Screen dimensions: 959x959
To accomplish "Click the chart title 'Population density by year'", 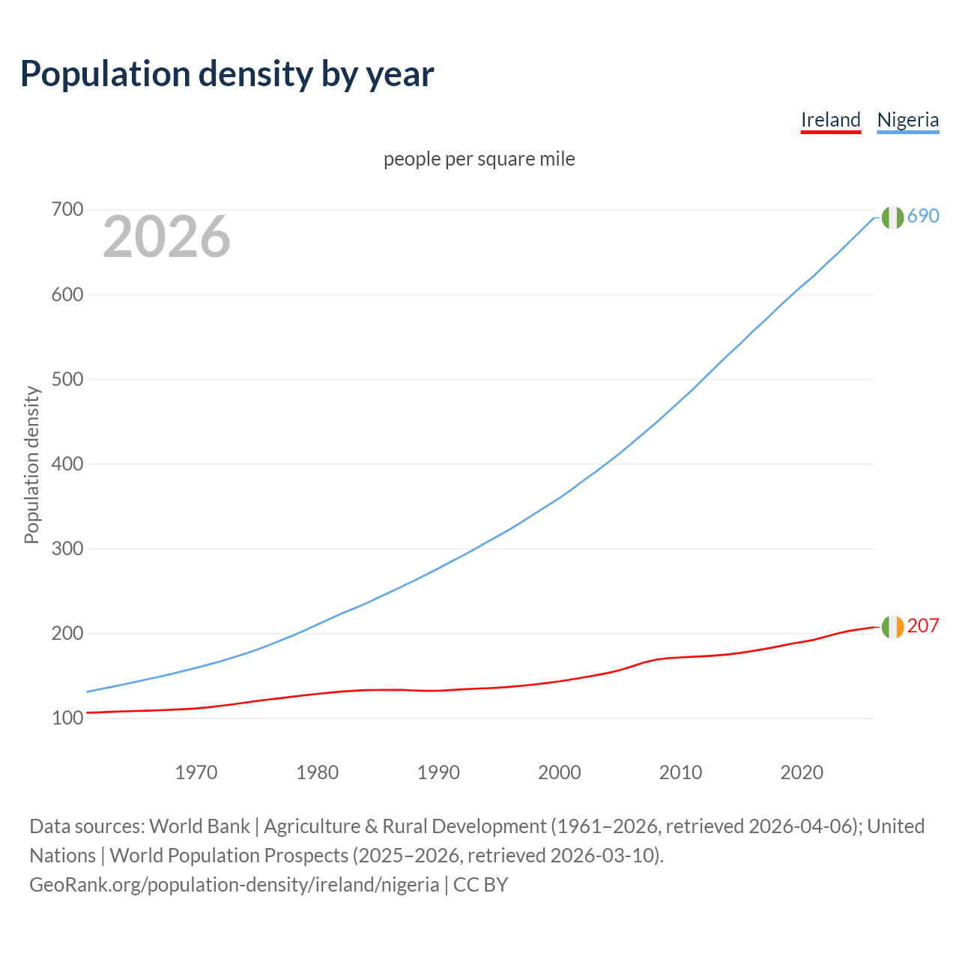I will click(227, 74).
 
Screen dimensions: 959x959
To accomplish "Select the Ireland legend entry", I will click(830, 120).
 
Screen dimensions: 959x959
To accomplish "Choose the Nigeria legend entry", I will click(907, 120).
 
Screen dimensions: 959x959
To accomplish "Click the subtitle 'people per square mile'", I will click(479, 159).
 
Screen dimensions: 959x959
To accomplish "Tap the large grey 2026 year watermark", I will click(166, 237).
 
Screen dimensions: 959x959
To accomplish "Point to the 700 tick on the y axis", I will click(67, 210).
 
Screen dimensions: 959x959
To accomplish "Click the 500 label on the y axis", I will click(67, 379).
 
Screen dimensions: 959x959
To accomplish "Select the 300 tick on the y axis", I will click(67, 548).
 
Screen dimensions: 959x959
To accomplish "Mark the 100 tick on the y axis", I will click(67, 719).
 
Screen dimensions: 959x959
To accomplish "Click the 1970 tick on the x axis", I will click(196, 772).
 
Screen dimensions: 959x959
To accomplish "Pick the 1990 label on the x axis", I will click(438, 772).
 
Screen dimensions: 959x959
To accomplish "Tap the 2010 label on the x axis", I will click(680, 772).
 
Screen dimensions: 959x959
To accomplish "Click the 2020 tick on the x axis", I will click(802, 772).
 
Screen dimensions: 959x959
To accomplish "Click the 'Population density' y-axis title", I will click(31, 465).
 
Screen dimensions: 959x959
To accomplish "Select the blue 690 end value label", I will click(923, 217).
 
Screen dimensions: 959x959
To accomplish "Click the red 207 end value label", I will click(923, 626).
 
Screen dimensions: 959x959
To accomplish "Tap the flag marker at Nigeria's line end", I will click(892, 217).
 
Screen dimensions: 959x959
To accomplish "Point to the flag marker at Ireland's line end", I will click(892, 627).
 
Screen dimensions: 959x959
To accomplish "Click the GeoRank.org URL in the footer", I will click(234, 885).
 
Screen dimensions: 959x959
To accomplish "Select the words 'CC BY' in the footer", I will click(480, 885).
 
